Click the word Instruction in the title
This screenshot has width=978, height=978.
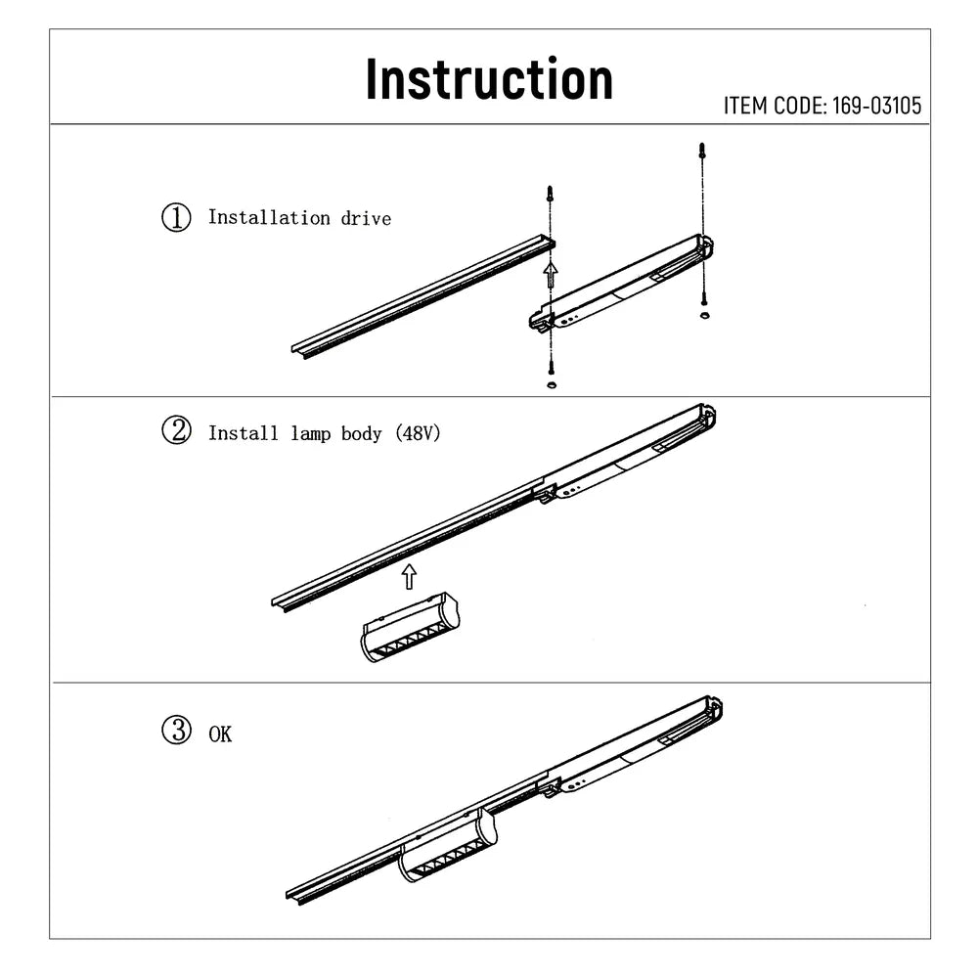pyautogui.click(x=489, y=79)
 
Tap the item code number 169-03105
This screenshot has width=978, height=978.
pyautogui.click(x=876, y=106)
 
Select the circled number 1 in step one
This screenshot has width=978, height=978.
pyautogui.click(x=176, y=217)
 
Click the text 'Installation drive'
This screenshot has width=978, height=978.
pyautogui.click(x=299, y=218)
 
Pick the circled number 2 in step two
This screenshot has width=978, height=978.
pyautogui.click(x=176, y=431)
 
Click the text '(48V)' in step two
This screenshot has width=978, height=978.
pyautogui.click(x=419, y=432)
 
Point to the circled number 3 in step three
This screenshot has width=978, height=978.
pyautogui.click(x=176, y=731)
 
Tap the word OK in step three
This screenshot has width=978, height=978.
pyautogui.click(x=220, y=733)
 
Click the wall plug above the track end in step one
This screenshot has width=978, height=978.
pyautogui.click(x=550, y=194)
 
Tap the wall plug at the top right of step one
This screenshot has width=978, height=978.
pyautogui.click(x=701, y=152)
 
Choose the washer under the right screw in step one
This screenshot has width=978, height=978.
pyautogui.click(x=702, y=316)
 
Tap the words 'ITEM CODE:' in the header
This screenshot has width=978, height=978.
pyautogui.click(x=775, y=106)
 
